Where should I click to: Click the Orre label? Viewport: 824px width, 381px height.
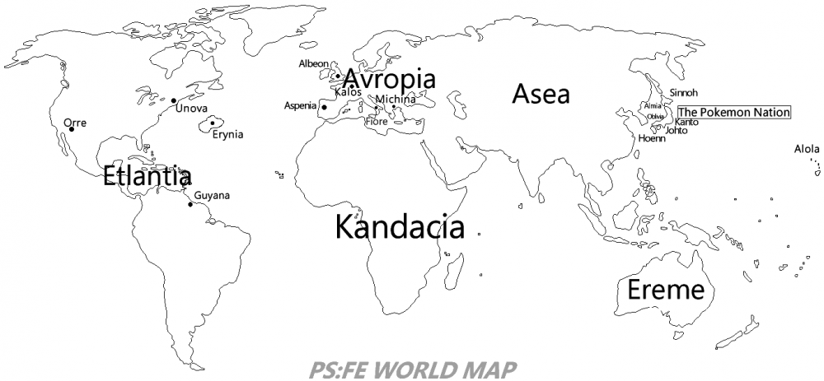coord(74,123)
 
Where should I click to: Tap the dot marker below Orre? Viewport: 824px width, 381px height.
coord(72,129)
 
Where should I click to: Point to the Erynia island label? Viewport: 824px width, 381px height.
coord(227,135)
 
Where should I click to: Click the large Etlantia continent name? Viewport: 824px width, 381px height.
coord(147,176)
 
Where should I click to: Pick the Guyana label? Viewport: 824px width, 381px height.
coord(212,195)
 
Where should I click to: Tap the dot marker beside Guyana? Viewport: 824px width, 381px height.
coord(190,203)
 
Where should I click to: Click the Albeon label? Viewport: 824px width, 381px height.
coord(313,63)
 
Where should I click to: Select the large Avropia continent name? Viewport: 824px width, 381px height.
coord(388,79)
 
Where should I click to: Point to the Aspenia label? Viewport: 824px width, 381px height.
coord(300,105)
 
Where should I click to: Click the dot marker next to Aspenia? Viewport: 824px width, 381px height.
coord(325,107)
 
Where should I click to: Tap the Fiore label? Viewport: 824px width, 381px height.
coord(376,121)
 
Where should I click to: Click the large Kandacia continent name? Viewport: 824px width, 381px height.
coord(400,227)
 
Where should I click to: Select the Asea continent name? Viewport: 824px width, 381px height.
coord(541,94)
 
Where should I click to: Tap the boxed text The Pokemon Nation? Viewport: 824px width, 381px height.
coord(733,113)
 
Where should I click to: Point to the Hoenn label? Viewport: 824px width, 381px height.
coord(651,138)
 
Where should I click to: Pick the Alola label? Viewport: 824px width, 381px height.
coord(807,149)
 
